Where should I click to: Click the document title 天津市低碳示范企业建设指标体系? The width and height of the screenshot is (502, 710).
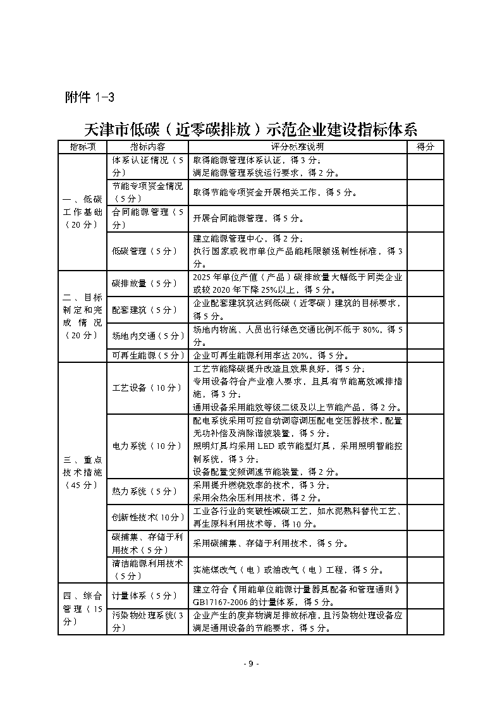pos(251,130)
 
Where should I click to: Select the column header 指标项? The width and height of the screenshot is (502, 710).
pos(82,147)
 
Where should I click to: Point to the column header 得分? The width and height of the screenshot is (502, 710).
pos(425,147)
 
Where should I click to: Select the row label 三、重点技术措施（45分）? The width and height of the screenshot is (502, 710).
pos(82,472)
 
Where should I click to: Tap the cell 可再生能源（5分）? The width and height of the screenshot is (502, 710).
pos(147,355)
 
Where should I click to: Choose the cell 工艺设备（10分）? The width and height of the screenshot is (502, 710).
pos(147,388)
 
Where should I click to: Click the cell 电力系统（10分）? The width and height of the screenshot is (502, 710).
pos(147,446)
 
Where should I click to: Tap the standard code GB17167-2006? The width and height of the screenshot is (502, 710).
pos(222,601)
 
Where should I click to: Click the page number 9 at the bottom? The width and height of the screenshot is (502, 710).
pos(250,664)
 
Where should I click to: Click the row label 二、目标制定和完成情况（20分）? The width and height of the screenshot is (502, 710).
pos(82,315)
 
